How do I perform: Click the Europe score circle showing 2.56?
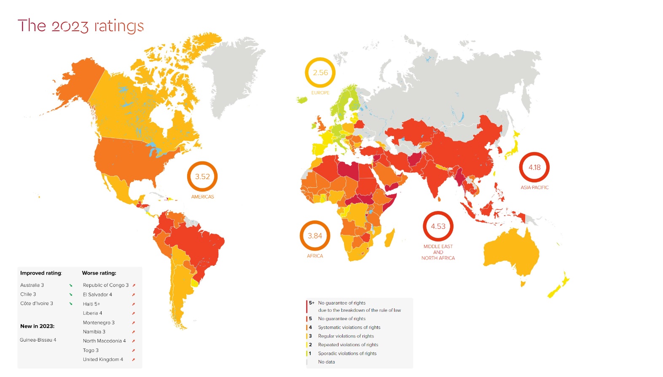click(320, 72)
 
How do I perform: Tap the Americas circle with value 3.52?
click(202, 176)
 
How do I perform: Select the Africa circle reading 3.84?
click(315, 236)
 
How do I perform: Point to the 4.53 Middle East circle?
click(438, 227)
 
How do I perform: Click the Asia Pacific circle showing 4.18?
click(534, 167)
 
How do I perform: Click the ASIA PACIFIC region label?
click(534, 187)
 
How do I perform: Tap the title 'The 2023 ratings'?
click(81, 26)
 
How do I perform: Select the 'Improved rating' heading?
click(41, 273)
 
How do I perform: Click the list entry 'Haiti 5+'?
click(91, 304)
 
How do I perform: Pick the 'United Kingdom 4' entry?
click(103, 359)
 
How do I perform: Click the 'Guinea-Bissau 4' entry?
click(38, 340)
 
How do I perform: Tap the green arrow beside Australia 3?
click(71, 285)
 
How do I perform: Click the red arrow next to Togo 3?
click(133, 350)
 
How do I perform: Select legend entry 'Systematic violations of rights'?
click(349, 327)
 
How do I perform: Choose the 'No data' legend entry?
click(327, 362)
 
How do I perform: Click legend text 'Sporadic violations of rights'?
click(347, 353)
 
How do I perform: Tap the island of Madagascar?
click(390, 238)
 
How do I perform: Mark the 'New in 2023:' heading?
click(37, 326)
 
